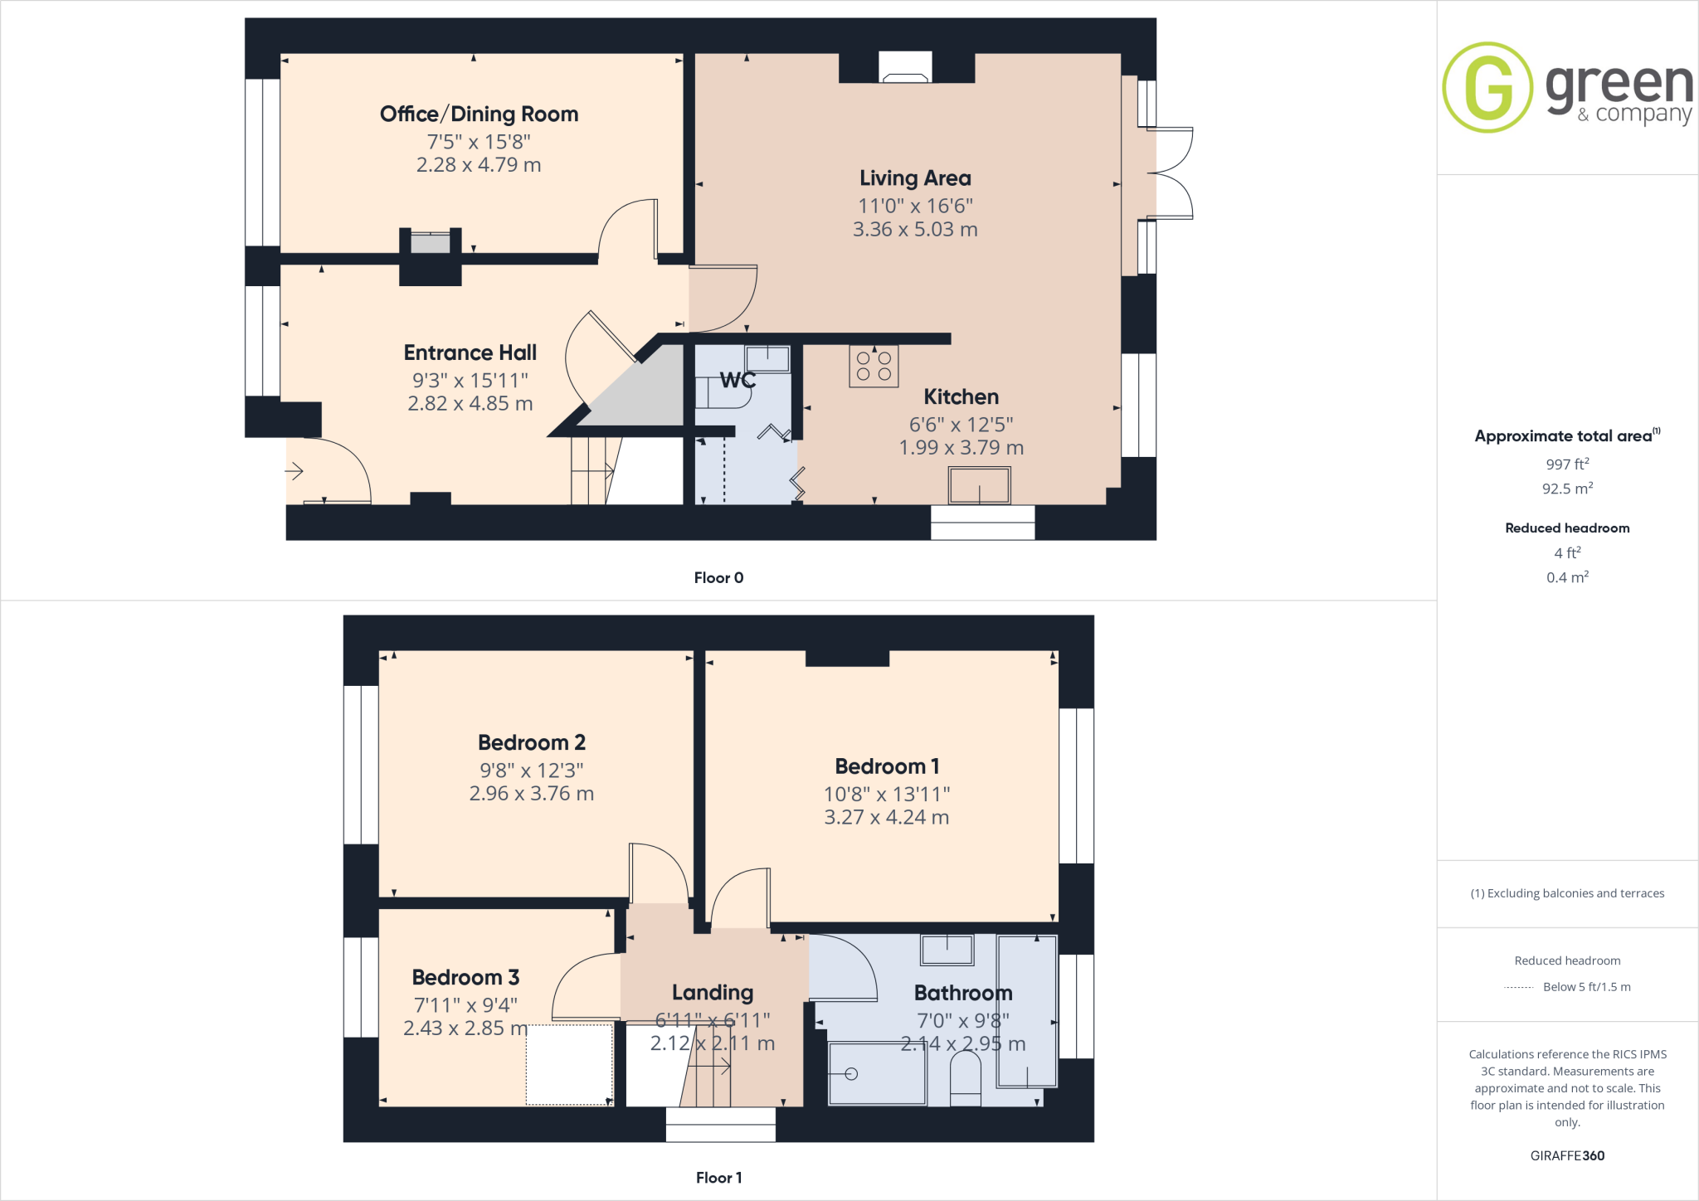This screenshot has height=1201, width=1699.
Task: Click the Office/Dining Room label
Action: tap(479, 114)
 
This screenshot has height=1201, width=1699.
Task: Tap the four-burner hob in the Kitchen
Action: tap(874, 367)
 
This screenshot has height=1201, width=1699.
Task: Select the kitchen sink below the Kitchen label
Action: tap(979, 485)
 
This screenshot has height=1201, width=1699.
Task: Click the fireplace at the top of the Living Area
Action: tap(905, 67)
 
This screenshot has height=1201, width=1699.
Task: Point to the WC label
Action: tap(738, 381)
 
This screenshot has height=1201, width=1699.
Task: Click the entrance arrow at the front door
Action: tap(295, 472)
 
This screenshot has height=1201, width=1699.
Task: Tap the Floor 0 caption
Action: tap(718, 578)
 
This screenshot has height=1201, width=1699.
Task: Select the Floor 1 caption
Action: tap(718, 1178)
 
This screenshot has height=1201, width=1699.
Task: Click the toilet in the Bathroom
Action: tap(965, 1078)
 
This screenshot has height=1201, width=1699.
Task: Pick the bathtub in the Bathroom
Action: tap(1027, 1012)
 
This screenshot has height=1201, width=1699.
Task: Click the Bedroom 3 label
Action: tap(465, 978)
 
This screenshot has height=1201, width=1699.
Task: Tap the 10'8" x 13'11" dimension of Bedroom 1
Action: tap(886, 795)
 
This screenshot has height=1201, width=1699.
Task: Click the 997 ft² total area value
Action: tap(1567, 464)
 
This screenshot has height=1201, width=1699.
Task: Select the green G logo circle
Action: tap(1487, 87)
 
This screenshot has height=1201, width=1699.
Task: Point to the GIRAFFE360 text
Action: tap(1567, 1156)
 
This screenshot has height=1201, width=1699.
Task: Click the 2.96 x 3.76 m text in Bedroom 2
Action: tap(531, 794)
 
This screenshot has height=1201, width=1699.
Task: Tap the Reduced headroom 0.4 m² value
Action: tap(1567, 578)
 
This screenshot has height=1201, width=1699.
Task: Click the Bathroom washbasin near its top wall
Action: tap(947, 951)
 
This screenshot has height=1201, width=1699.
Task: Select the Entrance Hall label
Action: tap(470, 353)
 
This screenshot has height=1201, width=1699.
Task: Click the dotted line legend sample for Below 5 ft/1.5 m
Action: tap(1519, 988)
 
